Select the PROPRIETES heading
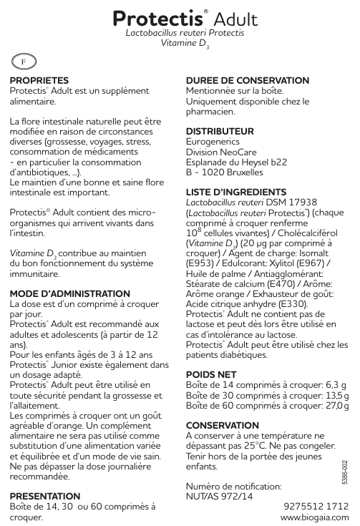click(39, 82)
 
